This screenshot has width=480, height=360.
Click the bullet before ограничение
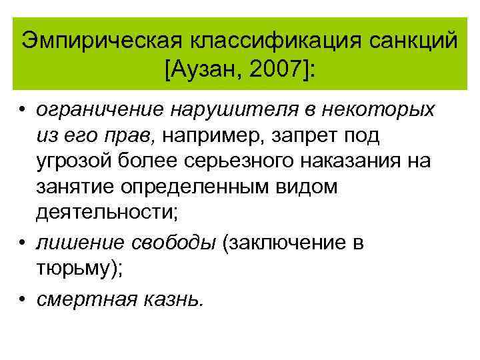click(x=23, y=108)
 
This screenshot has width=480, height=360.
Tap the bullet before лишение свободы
click(x=23, y=243)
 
